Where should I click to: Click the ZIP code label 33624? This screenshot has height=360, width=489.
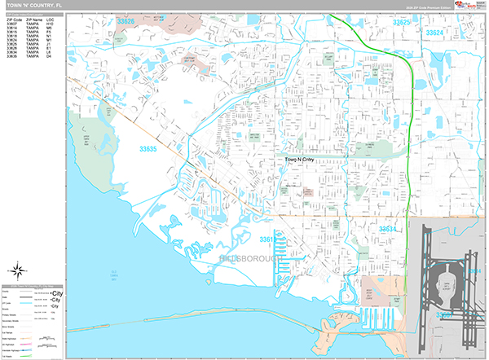coord(434,32)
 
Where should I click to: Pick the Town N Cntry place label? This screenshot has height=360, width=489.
coord(298,161)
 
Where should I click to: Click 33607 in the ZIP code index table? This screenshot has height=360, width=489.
coord(11,24)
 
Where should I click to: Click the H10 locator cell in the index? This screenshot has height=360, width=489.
coord(50,24)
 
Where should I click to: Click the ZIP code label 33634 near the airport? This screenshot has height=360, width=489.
coord(387,230)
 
